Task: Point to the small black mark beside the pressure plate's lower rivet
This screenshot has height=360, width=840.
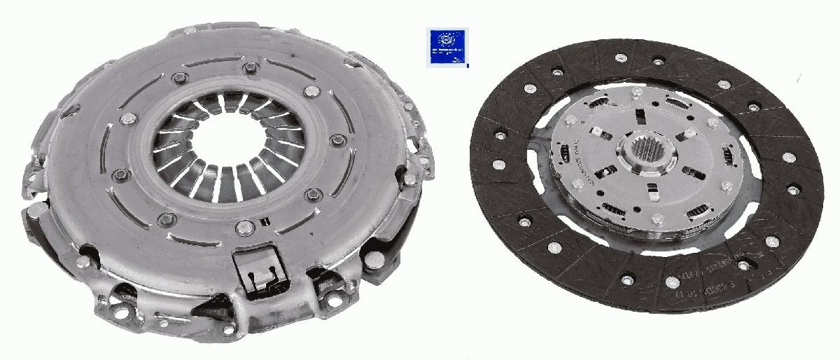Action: click(x=264, y=222)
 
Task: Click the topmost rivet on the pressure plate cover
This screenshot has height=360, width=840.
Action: click(x=249, y=68)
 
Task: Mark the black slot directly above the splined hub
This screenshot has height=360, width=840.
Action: click(x=638, y=116)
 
